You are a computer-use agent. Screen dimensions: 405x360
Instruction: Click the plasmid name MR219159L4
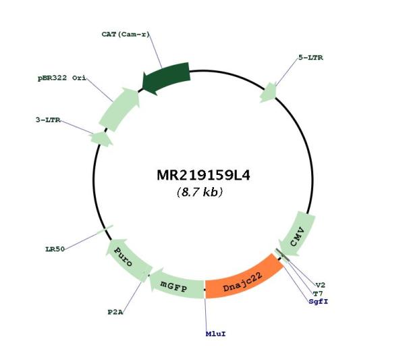pos(204,175)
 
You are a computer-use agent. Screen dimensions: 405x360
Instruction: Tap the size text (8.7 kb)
pos(200,192)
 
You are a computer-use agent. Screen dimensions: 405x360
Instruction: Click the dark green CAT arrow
pos(166,77)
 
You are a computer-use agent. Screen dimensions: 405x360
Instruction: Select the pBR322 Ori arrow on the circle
pos(119,109)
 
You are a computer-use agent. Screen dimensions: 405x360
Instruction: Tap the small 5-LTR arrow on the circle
pos(269,93)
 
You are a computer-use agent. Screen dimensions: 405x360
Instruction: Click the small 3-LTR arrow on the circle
pos(101,138)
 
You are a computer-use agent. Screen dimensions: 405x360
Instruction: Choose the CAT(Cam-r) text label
pos(126,34)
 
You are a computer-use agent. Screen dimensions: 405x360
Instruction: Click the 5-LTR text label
pos(310,57)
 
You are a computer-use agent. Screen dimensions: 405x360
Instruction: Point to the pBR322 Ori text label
pos(62,78)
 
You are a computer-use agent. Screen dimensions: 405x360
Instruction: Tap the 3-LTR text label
pos(48,120)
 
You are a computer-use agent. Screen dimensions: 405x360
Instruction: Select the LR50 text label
pos(55,249)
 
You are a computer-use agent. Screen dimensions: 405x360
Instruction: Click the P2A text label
pos(115,312)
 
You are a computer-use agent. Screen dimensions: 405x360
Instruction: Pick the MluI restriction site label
pos(216,334)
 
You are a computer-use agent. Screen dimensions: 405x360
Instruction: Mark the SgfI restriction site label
pos(319,302)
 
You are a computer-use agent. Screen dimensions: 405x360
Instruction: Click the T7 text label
pos(318,294)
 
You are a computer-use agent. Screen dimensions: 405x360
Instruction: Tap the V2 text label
pos(321,285)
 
